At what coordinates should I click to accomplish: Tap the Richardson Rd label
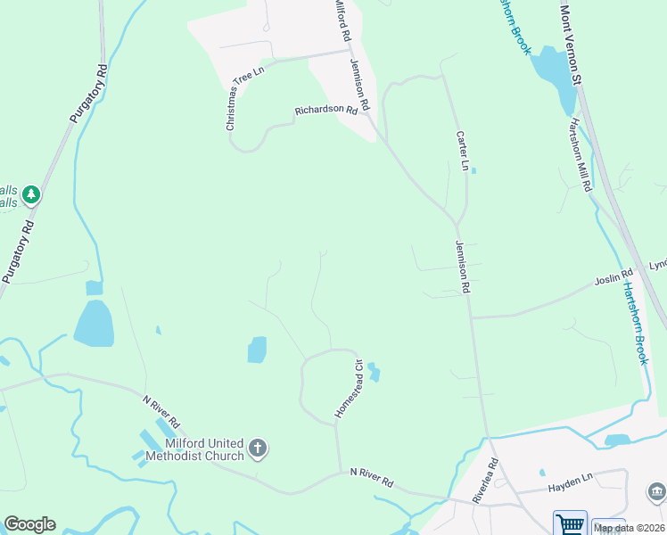(x=333, y=111)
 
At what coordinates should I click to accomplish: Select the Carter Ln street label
(x=462, y=151)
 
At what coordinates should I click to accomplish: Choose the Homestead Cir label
(x=348, y=389)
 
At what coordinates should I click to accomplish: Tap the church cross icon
(x=258, y=449)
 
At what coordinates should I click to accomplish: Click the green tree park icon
(x=32, y=193)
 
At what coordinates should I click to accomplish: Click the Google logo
(x=29, y=524)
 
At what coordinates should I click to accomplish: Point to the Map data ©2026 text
(x=629, y=527)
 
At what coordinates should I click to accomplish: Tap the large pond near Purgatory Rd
(x=94, y=323)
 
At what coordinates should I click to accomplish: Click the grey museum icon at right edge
(x=655, y=491)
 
